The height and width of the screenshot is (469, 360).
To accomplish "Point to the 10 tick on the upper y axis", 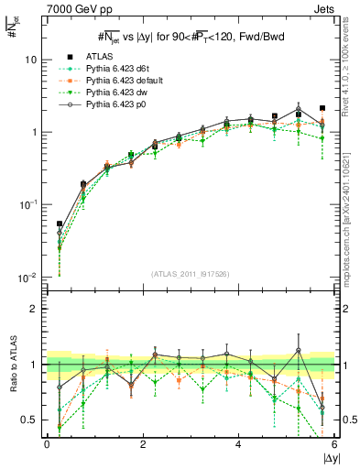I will pos(30,60).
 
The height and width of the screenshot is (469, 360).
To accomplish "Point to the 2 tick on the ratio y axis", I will pos(35,309).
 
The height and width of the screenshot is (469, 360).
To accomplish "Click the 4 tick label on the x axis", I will pos(238,443).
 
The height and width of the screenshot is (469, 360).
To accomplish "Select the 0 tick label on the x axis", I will pos(47,443).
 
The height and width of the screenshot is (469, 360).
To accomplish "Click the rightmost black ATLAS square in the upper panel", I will pos(322,108).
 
